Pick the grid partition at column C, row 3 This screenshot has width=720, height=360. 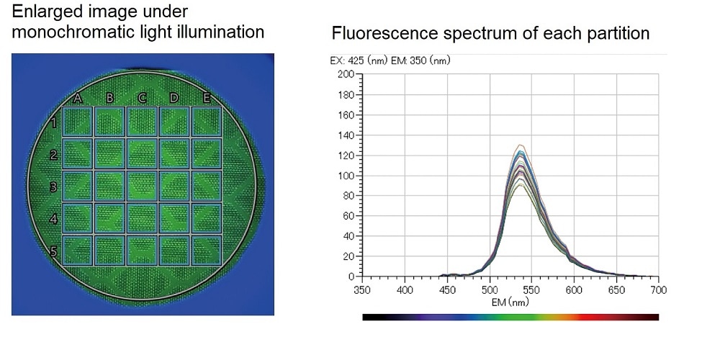[143, 186]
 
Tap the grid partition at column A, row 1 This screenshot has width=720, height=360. [78, 122]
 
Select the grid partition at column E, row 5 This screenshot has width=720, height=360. [207, 250]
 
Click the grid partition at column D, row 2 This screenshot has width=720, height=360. [175, 154]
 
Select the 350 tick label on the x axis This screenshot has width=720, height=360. [362, 289]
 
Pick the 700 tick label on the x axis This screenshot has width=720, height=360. [658, 289]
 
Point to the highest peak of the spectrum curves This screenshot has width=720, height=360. [518, 145]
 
